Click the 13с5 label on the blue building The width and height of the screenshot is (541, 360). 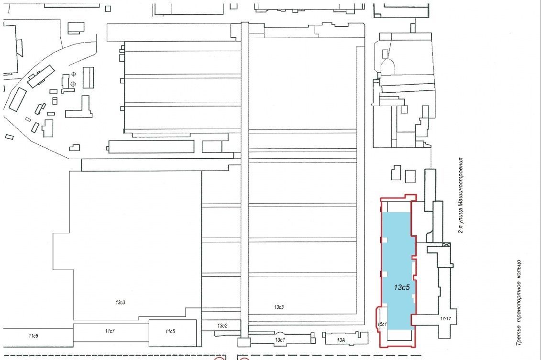(x=402, y=287)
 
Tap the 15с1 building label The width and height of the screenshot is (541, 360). (x=382, y=324)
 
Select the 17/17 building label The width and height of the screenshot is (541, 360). (x=445, y=318)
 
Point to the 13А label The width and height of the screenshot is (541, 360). (x=341, y=340)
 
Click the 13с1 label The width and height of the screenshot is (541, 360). (x=280, y=339)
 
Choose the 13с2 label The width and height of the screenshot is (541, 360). (x=222, y=326)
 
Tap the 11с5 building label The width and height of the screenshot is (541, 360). (x=170, y=331)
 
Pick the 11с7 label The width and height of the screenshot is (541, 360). (x=110, y=331)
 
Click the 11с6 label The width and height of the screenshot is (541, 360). (x=33, y=336)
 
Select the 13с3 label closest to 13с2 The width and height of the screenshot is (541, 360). (x=279, y=307)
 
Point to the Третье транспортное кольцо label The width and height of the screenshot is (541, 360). (x=519, y=303)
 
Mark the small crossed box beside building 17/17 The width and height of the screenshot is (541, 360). (x=447, y=245)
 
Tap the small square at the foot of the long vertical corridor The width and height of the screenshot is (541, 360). (x=244, y=342)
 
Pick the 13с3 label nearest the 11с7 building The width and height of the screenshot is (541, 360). (x=121, y=303)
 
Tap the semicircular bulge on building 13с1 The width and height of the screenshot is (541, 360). (x=280, y=335)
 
